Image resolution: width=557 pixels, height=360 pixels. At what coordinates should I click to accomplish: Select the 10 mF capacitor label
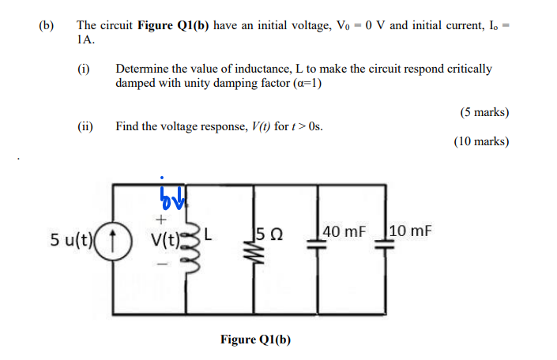pos(410,232)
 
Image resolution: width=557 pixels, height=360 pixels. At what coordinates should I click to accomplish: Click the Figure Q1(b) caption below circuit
pos(255,339)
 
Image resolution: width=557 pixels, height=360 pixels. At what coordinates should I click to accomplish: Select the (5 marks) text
pos(484,112)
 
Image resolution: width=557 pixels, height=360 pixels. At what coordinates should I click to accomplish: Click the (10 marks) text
pos(481,142)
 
